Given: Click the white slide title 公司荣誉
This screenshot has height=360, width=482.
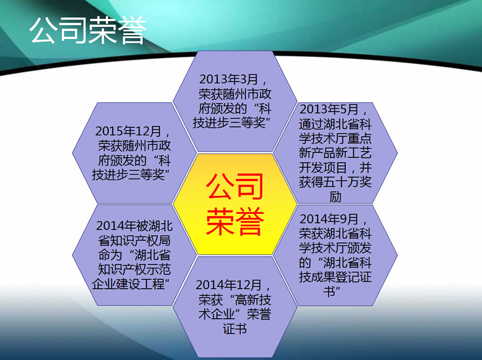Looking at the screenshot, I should click(88, 31).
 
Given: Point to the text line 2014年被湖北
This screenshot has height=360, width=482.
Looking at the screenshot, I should click(134, 226).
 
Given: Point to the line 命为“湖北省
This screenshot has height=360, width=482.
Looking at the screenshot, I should click(134, 255).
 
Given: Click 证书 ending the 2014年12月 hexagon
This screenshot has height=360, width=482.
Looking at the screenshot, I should click(235, 329).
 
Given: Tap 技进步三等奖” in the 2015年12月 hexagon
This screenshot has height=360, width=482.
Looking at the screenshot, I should click(134, 175).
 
